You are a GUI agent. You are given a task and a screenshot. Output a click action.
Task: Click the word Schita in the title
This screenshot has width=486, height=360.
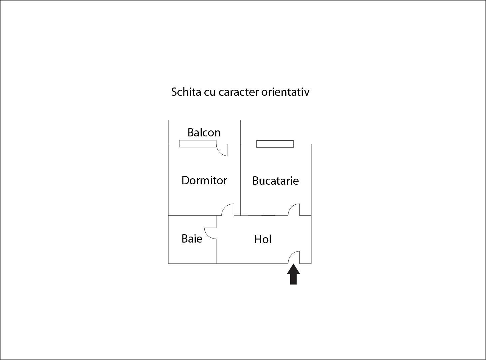pos(186,92)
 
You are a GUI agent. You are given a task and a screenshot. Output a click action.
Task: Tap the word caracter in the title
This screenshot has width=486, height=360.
pos(239,92)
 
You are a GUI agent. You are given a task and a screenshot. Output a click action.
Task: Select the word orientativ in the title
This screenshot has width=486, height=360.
pos(285,92)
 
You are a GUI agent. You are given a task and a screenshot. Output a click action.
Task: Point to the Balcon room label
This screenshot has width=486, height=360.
pos(204,132)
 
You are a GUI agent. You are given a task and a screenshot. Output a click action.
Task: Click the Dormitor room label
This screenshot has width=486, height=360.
pos(204,181)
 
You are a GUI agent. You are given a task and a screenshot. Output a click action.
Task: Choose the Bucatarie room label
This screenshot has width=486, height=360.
pos(276,181)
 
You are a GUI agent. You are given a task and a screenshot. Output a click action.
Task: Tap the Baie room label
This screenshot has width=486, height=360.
pos(192,239)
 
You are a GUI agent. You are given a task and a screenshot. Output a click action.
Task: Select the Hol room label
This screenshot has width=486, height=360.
pos(263,239)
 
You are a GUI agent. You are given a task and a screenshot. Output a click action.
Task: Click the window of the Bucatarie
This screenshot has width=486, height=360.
pos(275,144)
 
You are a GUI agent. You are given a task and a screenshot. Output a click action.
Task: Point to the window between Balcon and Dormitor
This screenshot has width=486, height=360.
pos(198,144)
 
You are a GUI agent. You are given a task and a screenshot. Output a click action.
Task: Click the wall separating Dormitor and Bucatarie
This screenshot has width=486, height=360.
pos(240,180)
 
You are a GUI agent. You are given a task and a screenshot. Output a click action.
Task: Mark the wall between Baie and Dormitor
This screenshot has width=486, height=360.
pos(192,215)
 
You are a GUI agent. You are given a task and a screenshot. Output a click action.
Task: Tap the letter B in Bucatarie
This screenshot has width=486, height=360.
pos(256,181)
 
